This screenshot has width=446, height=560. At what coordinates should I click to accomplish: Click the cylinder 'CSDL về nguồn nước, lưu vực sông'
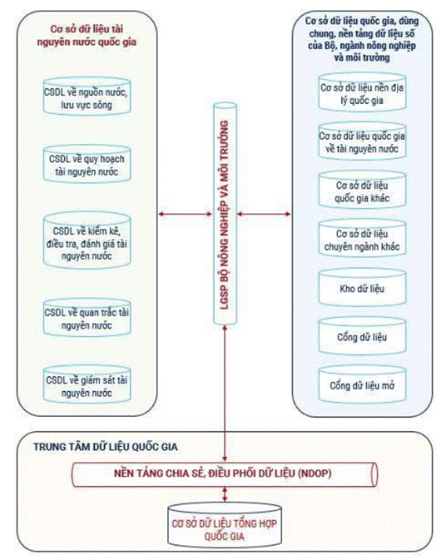pyautogui.click(x=87, y=97)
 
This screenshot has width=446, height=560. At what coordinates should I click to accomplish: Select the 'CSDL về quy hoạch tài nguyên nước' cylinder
pyautogui.click(x=87, y=164)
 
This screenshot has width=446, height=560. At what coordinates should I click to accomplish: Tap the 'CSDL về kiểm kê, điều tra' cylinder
pyautogui.click(x=87, y=240)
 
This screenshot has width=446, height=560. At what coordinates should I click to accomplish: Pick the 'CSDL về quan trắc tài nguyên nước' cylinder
pyautogui.click(x=87, y=318)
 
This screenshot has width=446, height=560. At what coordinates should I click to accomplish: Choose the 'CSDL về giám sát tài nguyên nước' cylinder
pyautogui.click(x=87, y=384)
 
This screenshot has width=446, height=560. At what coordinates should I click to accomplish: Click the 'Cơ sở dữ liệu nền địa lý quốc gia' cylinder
pyautogui.click(x=362, y=92)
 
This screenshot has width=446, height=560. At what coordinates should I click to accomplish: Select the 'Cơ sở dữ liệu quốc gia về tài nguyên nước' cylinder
pyautogui.click(x=362, y=141)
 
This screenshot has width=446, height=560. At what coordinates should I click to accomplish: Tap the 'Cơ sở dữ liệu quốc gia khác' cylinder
pyautogui.click(x=362, y=190)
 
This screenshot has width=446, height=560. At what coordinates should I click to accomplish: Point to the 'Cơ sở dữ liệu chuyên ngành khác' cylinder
pyautogui.click(x=362, y=238)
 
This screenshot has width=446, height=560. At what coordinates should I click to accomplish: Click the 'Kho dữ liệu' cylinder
pyautogui.click(x=362, y=288)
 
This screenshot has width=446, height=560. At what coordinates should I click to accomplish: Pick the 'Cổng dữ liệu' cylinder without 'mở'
pyautogui.click(x=362, y=335)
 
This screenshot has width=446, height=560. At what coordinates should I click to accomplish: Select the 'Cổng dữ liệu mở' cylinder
pyautogui.click(x=362, y=384)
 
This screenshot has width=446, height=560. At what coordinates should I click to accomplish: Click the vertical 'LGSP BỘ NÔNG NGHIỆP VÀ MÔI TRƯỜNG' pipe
pyautogui.click(x=225, y=214)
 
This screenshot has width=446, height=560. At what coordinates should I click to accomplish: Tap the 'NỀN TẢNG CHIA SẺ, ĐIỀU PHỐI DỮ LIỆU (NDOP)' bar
pyautogui.click(x=225, y=474)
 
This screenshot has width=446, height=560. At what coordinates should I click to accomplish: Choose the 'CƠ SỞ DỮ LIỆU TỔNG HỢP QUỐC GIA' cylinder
pyautogui.click(x=225, y=525)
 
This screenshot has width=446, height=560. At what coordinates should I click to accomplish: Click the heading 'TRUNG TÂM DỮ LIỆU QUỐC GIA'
pyautogui.click(x=106, y=447)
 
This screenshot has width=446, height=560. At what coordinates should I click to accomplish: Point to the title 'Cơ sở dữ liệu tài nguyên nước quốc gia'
pyautogui.click(x=87, y=35)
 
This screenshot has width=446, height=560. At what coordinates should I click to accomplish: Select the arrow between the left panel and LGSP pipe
pyautogui.click(x=186, y=215)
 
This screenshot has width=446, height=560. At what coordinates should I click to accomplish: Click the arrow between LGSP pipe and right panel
pyautogui.click(x=265, y=215)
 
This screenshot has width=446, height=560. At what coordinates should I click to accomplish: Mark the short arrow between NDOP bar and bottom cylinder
pyautogui.click(x=225, y=494)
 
